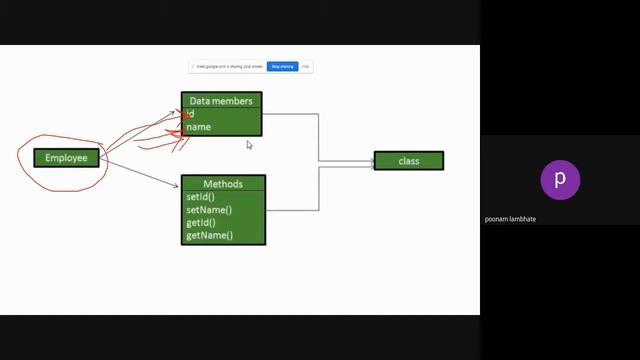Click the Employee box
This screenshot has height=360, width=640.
tap(66, 158)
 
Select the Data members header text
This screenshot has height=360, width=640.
tap(221, 101)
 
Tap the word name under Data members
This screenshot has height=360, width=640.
tap(199, 127)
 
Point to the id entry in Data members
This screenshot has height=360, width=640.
tap(190, 114)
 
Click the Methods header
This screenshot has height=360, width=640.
tap(223, 184)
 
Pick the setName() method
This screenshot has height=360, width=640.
tap(208, 210)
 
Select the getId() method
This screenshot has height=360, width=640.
tap(201, 222)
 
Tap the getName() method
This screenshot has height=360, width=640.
tap(209, 235)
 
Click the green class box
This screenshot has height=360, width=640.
tap(408, 161)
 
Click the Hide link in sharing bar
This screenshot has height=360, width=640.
tap(306, 67)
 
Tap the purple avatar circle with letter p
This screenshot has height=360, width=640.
tap(560, 180)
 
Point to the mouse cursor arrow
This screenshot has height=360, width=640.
tap(249, 145)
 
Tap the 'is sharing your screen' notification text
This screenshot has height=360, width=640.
tap(230, 67)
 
